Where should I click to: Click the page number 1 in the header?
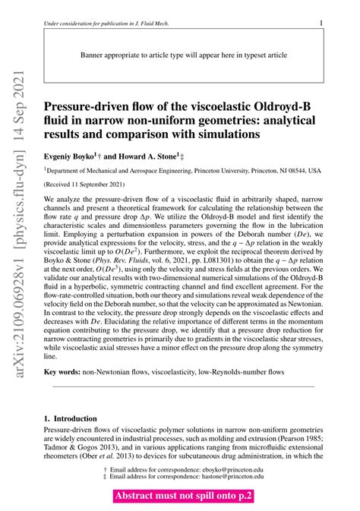coord(321,24)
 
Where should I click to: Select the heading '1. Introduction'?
coord(70,418)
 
